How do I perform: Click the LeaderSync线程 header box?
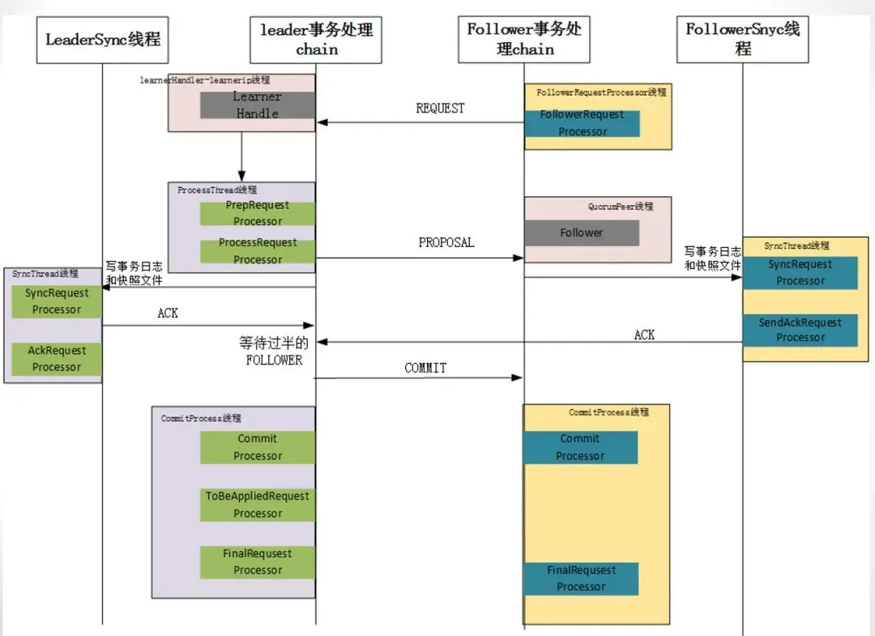click(102, 39)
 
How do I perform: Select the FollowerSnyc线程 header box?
click(742, 39)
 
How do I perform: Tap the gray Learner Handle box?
click(258, 105)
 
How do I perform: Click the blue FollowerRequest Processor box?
click(582, 123)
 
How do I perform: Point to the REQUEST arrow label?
click(440, 109)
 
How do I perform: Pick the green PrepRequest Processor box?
click(258, 213)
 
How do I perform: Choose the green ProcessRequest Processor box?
click(258, 251)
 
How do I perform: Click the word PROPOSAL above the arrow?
click(446, 242)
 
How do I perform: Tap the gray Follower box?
click(582, 233)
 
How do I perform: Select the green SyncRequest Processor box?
click(57, 301)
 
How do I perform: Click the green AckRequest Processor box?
click(57, 358)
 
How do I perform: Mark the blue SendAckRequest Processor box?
click(800, 330)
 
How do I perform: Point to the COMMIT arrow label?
click(425, 368)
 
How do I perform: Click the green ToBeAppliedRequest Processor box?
click(258, 504)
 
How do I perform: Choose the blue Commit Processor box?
click(580, 447)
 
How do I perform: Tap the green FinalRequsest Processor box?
click(258, 561)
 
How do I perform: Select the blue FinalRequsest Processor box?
click(581, 578)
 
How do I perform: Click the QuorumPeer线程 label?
click(620, 207)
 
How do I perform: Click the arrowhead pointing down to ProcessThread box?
click(241, 176)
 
